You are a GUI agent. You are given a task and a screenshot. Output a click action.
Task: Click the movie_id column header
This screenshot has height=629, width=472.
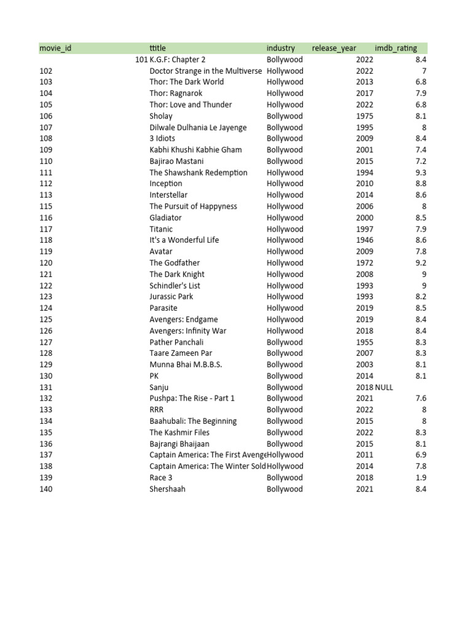[x=55, y=48]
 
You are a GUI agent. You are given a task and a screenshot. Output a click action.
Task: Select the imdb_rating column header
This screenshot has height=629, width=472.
[x=396, y=48]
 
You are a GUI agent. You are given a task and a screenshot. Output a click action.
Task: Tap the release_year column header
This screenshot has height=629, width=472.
[x=334, y=48]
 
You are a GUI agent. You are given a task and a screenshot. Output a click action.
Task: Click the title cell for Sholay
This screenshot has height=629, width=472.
[x=161, y=116]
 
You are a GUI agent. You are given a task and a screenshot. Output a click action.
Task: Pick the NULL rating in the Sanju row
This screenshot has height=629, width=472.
[x=384, y=388]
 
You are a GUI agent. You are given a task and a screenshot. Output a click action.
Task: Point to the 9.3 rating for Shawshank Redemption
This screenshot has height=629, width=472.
[x=420, y=173]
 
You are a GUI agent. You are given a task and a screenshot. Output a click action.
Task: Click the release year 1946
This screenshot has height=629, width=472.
[x=364, y=240]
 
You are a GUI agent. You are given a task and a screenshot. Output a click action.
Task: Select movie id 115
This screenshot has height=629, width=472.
[x=46, y=206]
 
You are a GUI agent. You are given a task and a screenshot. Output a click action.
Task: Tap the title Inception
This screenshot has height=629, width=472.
[x=166, y=184]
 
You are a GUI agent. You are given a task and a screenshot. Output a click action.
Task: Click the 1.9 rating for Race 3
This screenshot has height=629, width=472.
[x=420, y=478]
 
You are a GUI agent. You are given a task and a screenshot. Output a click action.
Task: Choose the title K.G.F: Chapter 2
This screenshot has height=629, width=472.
[x=178, y=60]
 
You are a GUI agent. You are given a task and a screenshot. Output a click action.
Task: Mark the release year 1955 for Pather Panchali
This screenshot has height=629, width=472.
[x=364, y=342]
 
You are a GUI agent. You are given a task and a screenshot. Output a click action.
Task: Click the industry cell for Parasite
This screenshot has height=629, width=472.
[x=285, y=308]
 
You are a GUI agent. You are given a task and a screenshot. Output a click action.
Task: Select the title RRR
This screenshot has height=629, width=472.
[x=158, y=410]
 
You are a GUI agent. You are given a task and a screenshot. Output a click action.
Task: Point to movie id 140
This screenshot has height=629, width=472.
[x=46, y=489]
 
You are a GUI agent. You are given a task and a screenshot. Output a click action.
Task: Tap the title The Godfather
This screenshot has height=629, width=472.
[x=175, y=263]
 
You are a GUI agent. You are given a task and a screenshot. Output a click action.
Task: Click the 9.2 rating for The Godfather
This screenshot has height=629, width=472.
[x=420, y=263]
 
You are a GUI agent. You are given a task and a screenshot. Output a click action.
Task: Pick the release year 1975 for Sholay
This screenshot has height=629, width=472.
[x=364, y=116]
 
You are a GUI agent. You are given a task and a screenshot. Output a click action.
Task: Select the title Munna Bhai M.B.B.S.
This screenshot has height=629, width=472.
[x=186, y=365]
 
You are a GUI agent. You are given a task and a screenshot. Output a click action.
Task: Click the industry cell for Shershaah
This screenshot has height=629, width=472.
[x=285, y=489]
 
